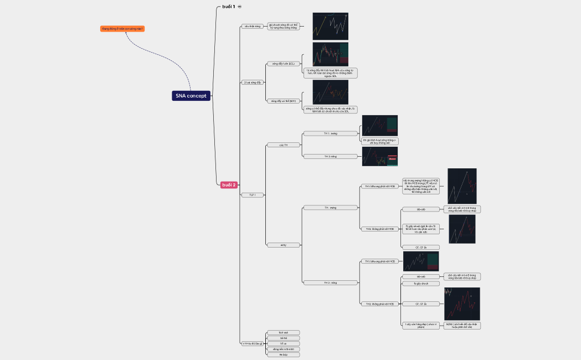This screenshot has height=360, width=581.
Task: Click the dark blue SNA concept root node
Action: pyautogui.click(x=191, y=96)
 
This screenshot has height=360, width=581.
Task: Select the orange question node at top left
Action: pyautogui.click(x=122, y=28)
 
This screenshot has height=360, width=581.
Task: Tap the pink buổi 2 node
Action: pyautogui.click(x=229, y=185)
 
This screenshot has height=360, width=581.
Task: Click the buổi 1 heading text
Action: pyautogui.click(x=229, y=7)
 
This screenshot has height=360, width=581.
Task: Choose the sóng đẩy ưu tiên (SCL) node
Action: pyautogui.click(x=283, y=64)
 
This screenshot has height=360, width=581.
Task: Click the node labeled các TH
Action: pyautogui.click(x=282, y=145)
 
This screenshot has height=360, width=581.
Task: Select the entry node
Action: pyautogui.click(x=282, y=245)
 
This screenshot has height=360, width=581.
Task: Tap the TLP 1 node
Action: pyautogui.click(x=252, y=195)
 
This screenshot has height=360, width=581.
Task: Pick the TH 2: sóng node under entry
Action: pyautogui.click(x=330, y=283)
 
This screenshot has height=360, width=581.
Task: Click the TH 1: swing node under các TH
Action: pyautogui.click(x=330, y=133)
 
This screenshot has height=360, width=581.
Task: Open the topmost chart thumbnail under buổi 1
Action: pyautogui.click(x=330, y=26)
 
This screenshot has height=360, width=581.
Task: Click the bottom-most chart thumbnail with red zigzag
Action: pyautogui.click(x=462, y=304)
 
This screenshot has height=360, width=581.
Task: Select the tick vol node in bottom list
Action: pyautogui.click(x=283, y=333)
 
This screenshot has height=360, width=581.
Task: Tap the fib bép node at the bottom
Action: pyautogui.click(x=283, y=354)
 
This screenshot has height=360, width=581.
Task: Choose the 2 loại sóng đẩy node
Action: pyautogui.click(x=252, y=83)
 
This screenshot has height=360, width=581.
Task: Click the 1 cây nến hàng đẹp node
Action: pyautogui.click(x=420, y=326)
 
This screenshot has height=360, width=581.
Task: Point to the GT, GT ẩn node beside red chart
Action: pyautogui.click(x=420, y=304)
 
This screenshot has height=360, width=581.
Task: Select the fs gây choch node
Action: pyautogui.click(x=420, y=284)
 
